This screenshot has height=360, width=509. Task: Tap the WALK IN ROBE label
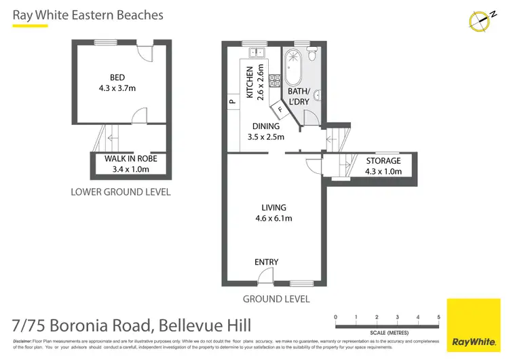pyautogui.click(x=126, y=160)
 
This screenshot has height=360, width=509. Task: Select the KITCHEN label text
pyautogui.click(x=250, y=82)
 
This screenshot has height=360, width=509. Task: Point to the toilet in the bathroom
pyautogui.click(x=312, y=52)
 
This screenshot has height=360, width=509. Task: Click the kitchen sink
pyautogui.click(x=257, y=52)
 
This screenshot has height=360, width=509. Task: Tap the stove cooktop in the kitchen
pyautogui.click(x=276, y=82)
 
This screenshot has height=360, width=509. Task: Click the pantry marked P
pyautogui.click(x=231, y=103)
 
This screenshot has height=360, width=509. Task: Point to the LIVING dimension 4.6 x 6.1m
pyautogui.click(x=273, y=218)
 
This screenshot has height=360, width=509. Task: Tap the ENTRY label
pyautogui.click(x=266, y=262)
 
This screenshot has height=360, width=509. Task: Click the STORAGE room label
pyautogui.click(x=383, y=161)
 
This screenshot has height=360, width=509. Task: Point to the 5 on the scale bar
pyautogui.click(x=439, y=317)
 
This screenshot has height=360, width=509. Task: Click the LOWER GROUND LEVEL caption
pyautogui.click(x=121, y=192)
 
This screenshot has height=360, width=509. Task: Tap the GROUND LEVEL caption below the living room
pyautogui.click(x=276, y=299)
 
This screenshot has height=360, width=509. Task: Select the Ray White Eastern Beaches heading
pyautogui.click(x=88, y=14)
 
